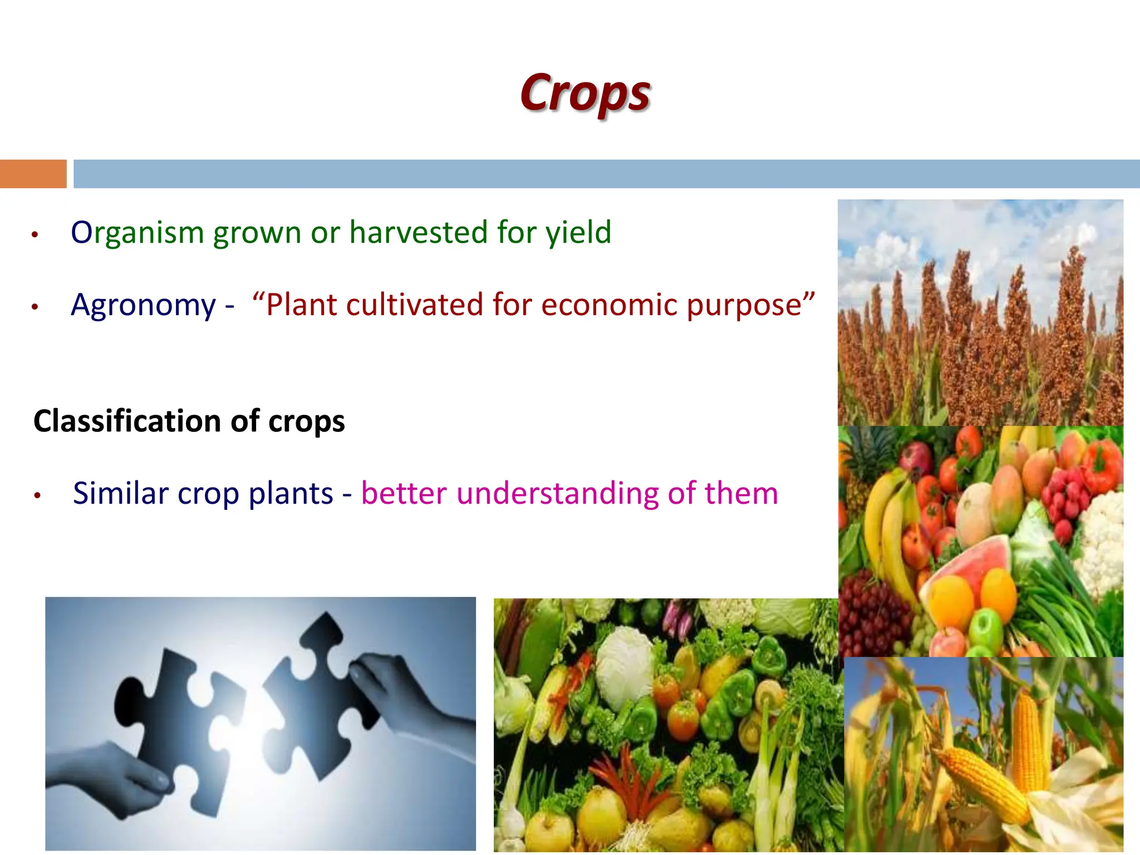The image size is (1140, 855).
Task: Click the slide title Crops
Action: [x=586, y=94]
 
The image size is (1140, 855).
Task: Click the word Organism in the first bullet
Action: [x=137, y=233]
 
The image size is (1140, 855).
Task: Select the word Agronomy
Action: [x=143, y=306]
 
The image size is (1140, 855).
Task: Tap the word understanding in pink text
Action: [x=557, y=494]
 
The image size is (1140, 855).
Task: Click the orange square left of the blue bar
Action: [x=33, y=174]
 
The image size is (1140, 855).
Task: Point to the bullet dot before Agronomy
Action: [x=35, y=307]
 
